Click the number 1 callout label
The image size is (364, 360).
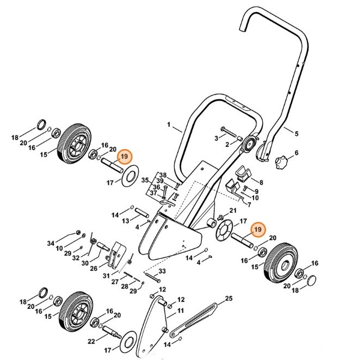[x=170, y=128]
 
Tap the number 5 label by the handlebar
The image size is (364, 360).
[x=297, y=133]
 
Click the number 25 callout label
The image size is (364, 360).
[x=229, y=299]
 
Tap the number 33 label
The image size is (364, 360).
[x=162, y=271]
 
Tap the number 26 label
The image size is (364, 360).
[x=94, y=268]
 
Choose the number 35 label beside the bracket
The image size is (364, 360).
[x=145, y=179]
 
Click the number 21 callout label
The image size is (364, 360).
[x=232, y=210]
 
